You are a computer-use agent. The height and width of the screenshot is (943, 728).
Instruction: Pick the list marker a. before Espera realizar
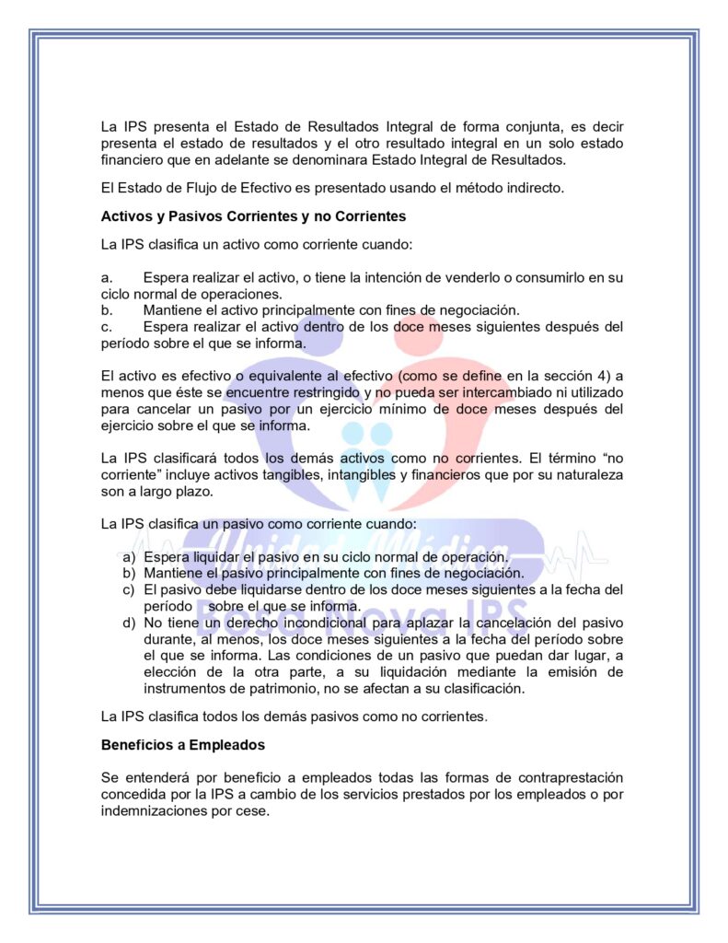[106, 277]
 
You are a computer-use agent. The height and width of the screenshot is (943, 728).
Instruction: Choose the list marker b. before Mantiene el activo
[106, 310]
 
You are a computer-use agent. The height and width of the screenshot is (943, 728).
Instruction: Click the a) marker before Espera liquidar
[129, 557]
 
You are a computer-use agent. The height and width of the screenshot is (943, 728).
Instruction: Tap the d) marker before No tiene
[129, 623]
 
